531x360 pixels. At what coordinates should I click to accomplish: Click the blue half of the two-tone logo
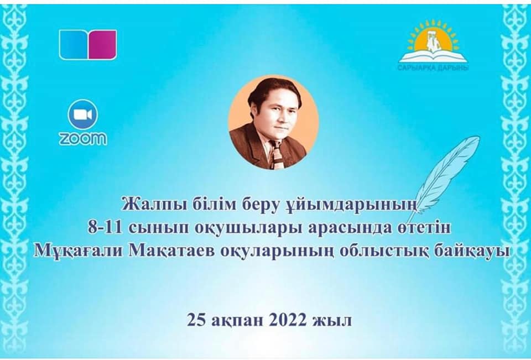(x=74, y=45)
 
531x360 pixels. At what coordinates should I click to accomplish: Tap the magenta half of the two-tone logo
(x=103, y=45)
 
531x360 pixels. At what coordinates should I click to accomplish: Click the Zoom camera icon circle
(x=83, y=114)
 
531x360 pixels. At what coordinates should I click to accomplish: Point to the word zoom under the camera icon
(x=83, y=139)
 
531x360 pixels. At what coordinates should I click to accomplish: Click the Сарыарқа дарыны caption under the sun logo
(x=433, y=68)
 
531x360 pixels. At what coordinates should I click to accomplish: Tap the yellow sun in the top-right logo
(x=433, y=37)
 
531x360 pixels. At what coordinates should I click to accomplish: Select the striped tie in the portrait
(x=277, y=154)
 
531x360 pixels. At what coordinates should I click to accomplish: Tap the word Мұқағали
(x=79, y=251)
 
